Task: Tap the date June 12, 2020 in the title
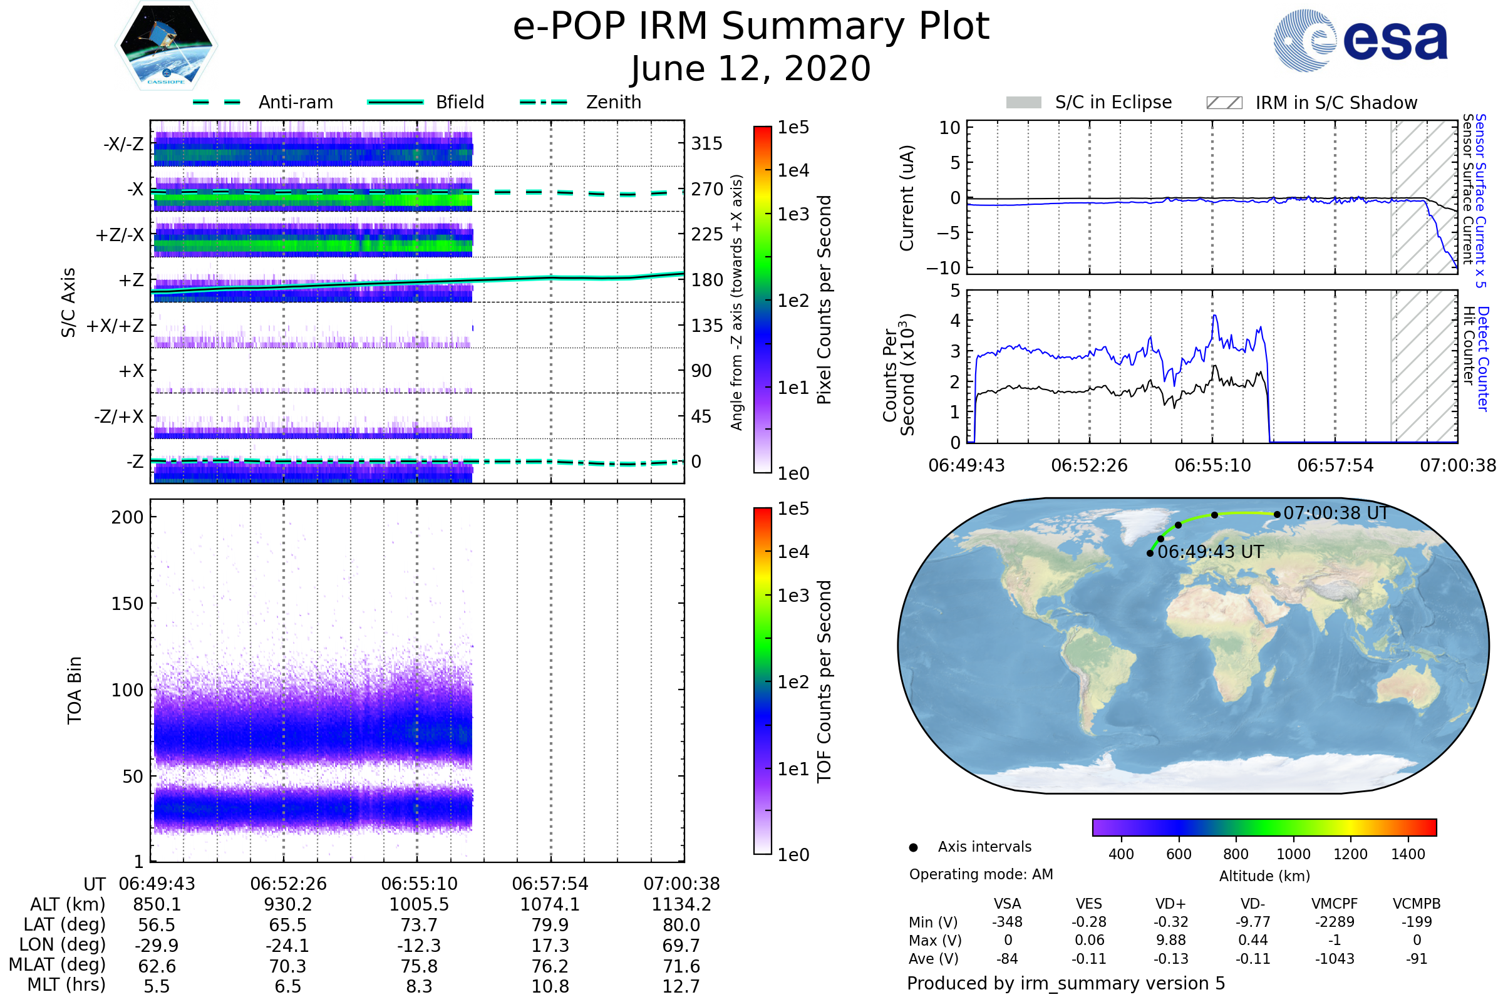pos(751,68)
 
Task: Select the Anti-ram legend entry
pos(262,102)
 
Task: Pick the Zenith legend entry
pos(581,102)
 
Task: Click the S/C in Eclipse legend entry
pos(1088,102)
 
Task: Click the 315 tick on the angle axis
pos(707,143)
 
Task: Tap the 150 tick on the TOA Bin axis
pos(127,604)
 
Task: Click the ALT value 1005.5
pos(419,905)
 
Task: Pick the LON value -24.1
pos(287,946)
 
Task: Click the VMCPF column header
pos(1335,904)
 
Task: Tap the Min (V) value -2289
pos(1335,922)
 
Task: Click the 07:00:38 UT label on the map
pos(1336,513)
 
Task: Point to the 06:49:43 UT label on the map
pos(1211,552)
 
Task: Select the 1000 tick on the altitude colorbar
pos(1293,854)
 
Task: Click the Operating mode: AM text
pos(981,874)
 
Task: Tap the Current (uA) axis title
pos(907,198)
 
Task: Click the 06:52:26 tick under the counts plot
pos(1090,465)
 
